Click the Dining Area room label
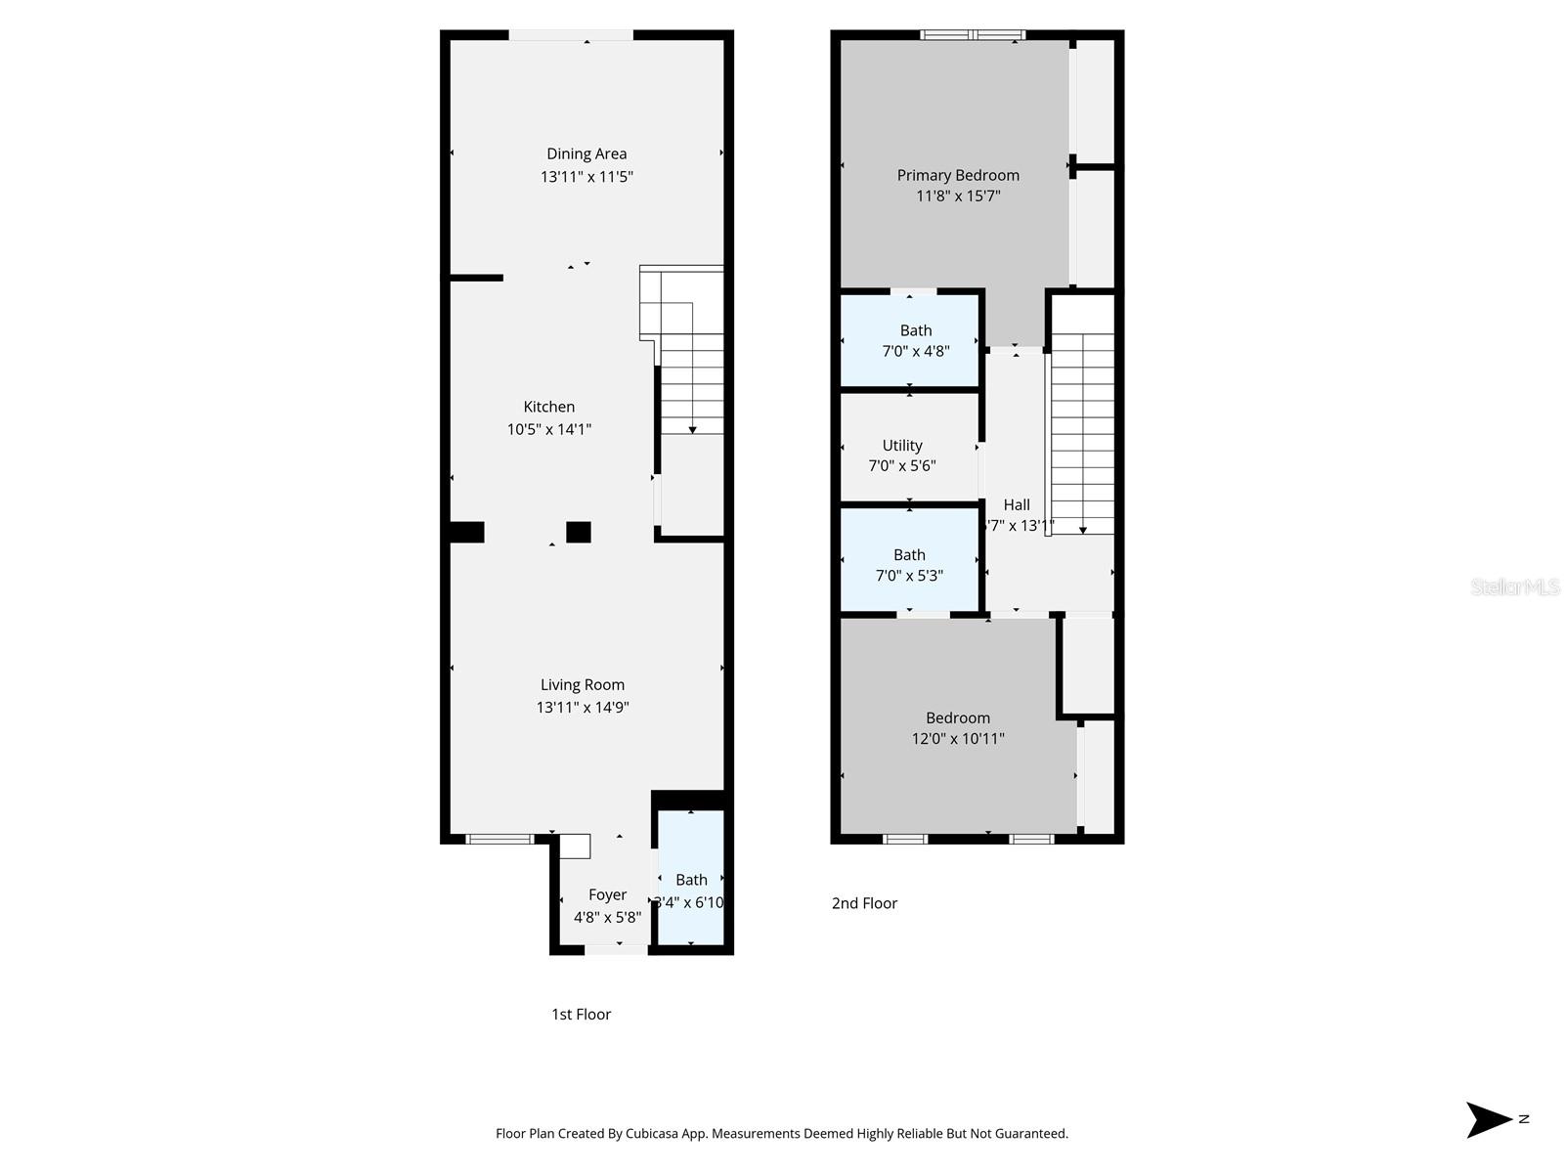pyautogui.click(x=586, y=153)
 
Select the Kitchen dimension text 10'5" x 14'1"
pyautogui.click(x=548, y=429)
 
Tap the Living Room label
pyautogui.click(x=583, y=684)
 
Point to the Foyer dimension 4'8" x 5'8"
pyautogui.click(x=607, y=917)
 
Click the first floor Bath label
pyautogui.click(x=691, y=880)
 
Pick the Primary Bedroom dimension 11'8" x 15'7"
pyautogui.click(x=958, y=195)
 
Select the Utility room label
pyautogui.click(x=902, y=445)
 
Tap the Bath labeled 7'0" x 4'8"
pyautogui.click(x=916, y=330)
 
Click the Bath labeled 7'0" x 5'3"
pyautogui.click(x=909, y=554)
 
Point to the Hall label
pyautogui.click(x=1017, y=504)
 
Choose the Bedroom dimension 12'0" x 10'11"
pyautogui.click(x=958, y=739)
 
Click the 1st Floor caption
pyautogui.click(x=581, y=1014)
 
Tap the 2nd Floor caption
pyautogui.click(x=864, y=903)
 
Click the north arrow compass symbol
pyautogui.click(x=1488, y=1119)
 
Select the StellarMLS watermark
pyautogui.click(x=1514, y=586)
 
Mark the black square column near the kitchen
pyautogui.click(x=579, y=532)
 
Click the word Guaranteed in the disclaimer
pyautogui.click(x=1030, y=1134)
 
